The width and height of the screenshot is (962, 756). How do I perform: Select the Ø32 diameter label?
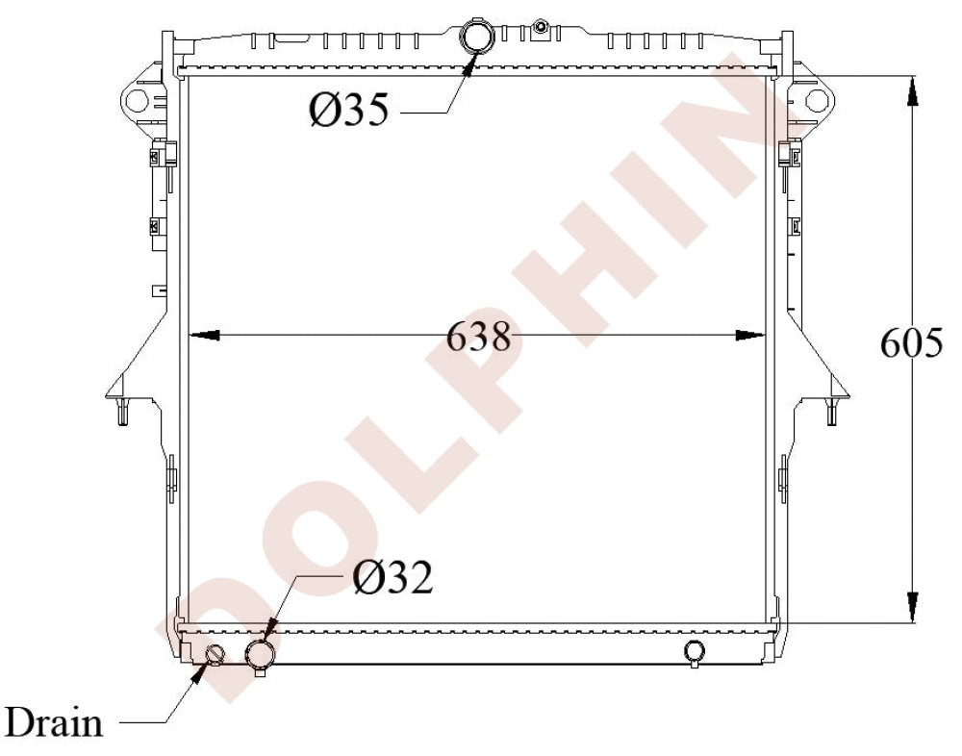click(x=392, y=577)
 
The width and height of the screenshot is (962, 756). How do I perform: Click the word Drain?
click(x=55, y=721)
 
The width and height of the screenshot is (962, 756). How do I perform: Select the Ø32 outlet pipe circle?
click(x=260, y=655)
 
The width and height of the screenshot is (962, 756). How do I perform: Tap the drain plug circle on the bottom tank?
click(x=215, y=656)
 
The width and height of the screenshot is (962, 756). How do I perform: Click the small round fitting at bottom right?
click(x=695, y=651)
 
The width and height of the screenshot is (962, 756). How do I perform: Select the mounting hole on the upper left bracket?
click(x=133, y=99)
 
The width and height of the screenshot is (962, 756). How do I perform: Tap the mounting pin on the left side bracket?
click(x=121, y=412)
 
